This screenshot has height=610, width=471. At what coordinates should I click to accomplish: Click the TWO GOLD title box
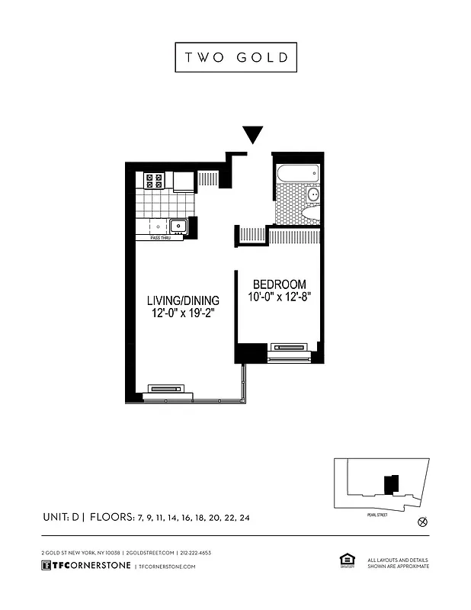coord(235,57)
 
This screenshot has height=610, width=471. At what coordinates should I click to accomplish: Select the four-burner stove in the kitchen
coord(154,181)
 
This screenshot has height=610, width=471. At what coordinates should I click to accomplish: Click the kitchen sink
coord(178,226)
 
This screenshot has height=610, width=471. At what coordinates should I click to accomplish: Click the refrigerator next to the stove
coord(184,181)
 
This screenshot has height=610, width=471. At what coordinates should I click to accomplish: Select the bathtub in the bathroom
coord(297,173)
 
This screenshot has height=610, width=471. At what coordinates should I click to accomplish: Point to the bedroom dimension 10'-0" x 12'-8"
coord(280,297)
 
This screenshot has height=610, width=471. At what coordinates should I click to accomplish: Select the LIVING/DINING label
coord(183,300)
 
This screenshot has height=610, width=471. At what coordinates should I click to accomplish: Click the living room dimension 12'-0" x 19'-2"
coord(183,314)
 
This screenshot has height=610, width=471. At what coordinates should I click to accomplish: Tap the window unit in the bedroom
coord(290,348)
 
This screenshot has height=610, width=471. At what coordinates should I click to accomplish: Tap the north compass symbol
coord(424,522)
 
